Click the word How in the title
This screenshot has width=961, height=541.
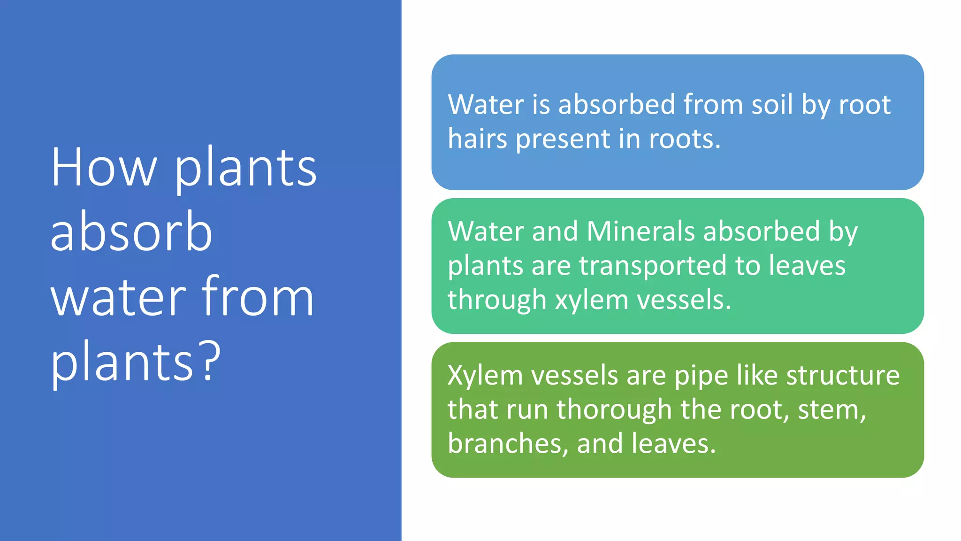[x=103, y=168]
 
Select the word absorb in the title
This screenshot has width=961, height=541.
[x=131, y=232]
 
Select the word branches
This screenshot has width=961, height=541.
[x=505, y=443]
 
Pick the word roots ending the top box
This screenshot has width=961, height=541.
[x=683, y=139]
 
